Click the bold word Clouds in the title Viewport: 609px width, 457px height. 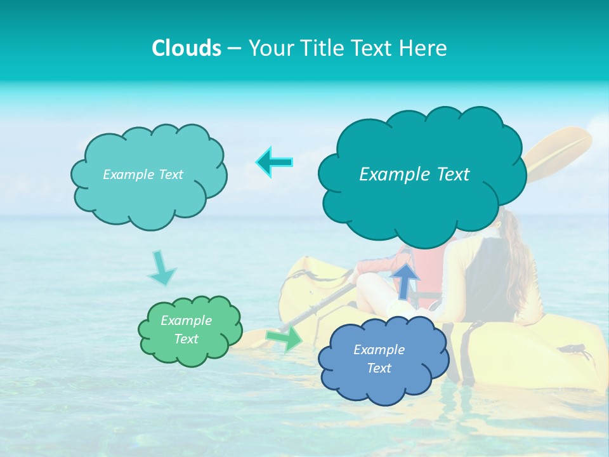187,48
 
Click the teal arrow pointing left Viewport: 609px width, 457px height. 275,162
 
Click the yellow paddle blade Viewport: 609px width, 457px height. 558,152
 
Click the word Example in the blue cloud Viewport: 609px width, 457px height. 379,350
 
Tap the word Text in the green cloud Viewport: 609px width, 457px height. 187,339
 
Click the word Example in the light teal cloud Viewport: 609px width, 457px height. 128,175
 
